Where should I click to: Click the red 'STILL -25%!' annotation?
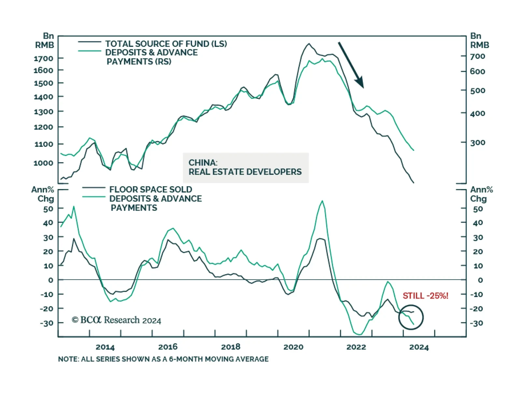coord(425,296)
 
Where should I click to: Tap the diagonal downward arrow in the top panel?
coord(351,65)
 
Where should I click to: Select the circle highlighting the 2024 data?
coord(411,317)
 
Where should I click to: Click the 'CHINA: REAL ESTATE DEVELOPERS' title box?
coord(246,167)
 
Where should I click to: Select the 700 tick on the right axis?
coord(477,56)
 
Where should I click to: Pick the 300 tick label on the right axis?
coord(477,143)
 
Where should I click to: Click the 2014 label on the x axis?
coord(105,347)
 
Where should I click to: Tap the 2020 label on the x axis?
coord(293,347)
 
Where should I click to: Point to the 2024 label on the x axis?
coord(419,347)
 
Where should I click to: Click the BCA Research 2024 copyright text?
coord(116,320)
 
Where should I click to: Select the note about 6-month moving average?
coord(163,359)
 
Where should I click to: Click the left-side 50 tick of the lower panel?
coord(48,209)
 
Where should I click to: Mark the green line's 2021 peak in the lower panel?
coord(322,201)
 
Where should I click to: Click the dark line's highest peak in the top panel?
coord(309,44)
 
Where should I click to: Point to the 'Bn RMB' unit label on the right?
coord(479,41)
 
